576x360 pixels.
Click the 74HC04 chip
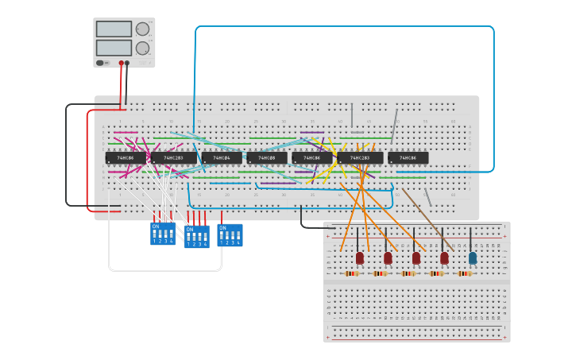tap(222, 157)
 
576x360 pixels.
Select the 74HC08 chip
tap(267, 157)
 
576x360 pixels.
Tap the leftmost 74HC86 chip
tap(126, 157)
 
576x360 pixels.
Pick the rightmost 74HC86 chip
tap(408, 157)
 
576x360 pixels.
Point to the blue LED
tap(473, 257)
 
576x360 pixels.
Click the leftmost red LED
tap(360, 257)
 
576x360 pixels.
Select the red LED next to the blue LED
tap(444, 257)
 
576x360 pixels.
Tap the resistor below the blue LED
tap(465, 273)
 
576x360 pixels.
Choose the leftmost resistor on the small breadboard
tap(352, 273)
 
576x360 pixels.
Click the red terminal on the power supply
tap(122, 63)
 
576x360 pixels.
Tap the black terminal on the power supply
tap(127, 63)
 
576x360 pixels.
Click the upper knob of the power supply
tap(142, 29)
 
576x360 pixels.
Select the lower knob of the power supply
tap(142, 48)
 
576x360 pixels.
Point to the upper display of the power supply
tap(114, 29)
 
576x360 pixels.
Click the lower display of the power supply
tap(114, 48)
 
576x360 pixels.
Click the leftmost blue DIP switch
tap(162, 234)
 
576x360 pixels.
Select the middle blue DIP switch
tap(197, 237)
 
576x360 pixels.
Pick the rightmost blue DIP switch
tap(230, 234)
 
